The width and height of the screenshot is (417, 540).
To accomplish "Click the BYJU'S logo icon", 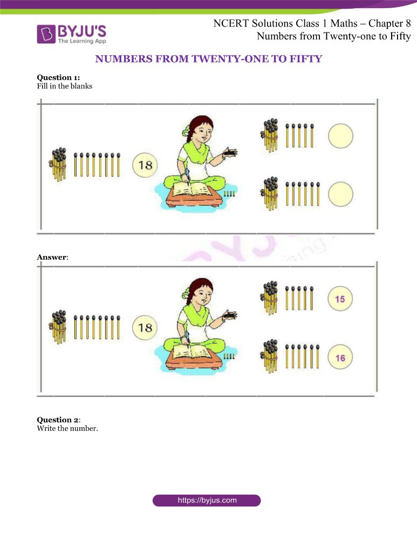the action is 46,34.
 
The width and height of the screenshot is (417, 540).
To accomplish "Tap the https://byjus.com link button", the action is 207,501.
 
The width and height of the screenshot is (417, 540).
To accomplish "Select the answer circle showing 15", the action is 340,299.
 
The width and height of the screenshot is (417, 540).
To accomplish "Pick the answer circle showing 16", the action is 340,357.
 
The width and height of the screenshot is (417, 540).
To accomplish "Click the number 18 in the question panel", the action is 145,165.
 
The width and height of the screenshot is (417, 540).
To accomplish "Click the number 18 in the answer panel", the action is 145,328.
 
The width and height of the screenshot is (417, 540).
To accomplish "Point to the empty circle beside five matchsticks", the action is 340,136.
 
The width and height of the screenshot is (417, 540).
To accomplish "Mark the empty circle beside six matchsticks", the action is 340,194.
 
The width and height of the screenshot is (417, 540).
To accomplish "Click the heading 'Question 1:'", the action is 58,77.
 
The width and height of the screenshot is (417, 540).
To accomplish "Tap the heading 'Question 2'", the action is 58,420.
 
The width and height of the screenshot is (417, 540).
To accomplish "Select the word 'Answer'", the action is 52,257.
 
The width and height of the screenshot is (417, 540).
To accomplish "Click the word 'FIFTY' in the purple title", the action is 305,59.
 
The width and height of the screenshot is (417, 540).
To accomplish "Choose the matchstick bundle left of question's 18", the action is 59,164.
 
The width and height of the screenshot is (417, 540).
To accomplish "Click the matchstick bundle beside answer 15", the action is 270,298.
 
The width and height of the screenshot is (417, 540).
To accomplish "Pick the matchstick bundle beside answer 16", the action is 270,356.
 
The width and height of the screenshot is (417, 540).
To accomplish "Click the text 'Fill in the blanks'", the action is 65,86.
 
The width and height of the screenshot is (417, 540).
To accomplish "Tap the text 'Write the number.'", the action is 67,428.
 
